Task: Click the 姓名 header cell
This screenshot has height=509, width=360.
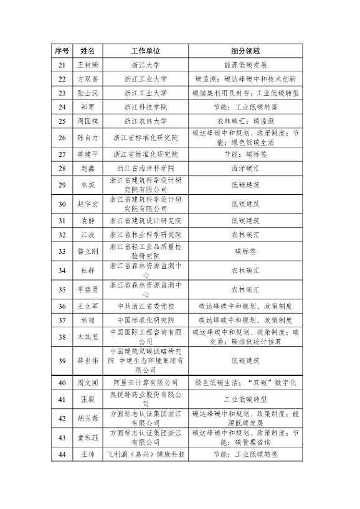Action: click(88, 50)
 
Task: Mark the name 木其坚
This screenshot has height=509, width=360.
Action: click(88, 337)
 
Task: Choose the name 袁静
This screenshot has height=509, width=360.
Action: click(88, 220)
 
